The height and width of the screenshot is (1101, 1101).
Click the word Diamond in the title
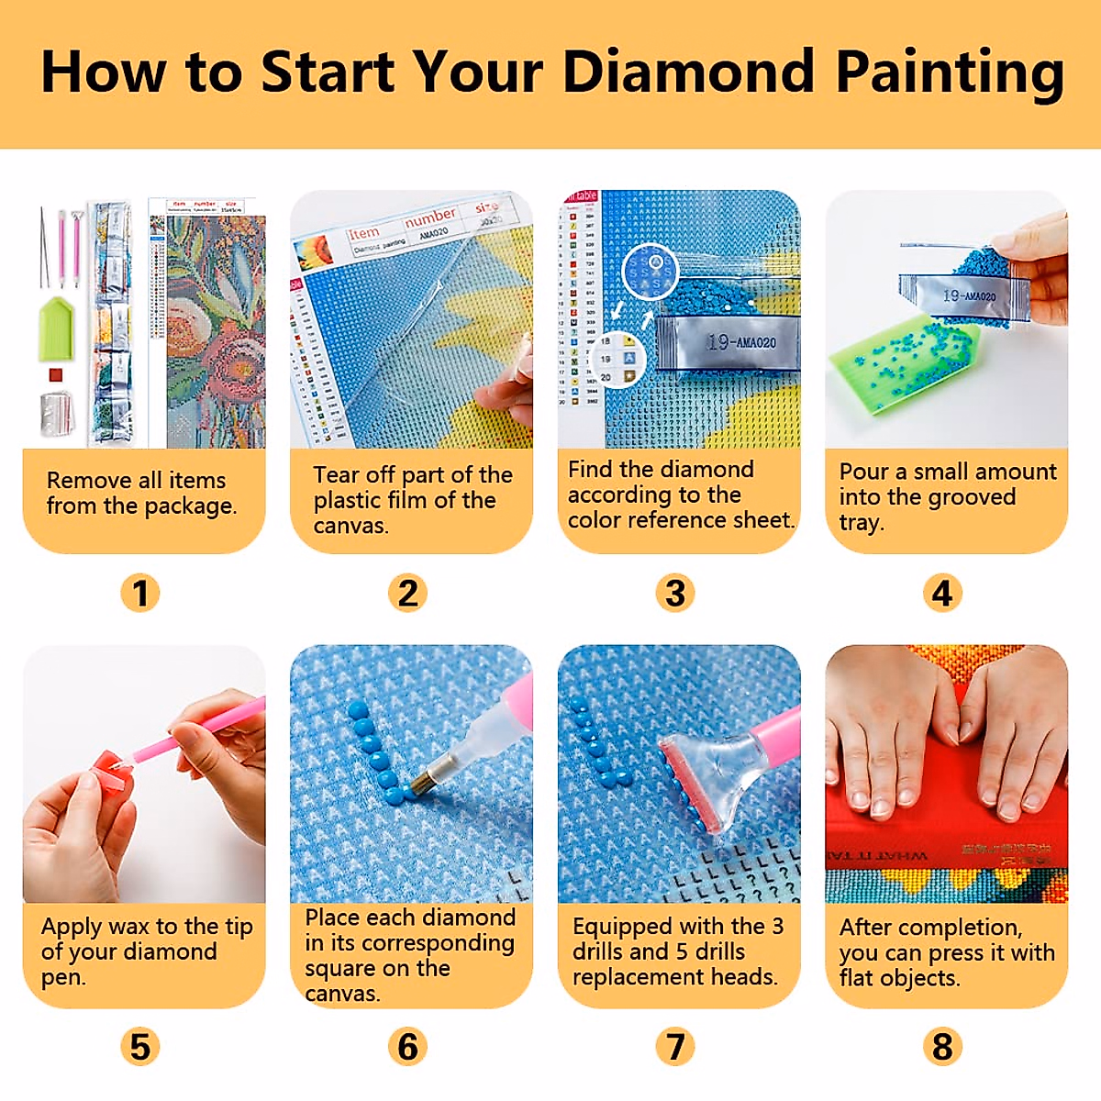688,72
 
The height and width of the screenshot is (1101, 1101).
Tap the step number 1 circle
139,593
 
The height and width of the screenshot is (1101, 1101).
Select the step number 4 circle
942,593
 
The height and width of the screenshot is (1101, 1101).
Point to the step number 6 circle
407,1046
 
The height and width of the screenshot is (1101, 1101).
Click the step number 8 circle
942,1046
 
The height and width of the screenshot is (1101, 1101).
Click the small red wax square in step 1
55,374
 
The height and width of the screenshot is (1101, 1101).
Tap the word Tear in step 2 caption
336,475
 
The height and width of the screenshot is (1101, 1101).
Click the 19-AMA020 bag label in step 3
741,342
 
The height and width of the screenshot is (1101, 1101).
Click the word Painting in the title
950,72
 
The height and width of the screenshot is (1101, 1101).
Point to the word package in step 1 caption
189,506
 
